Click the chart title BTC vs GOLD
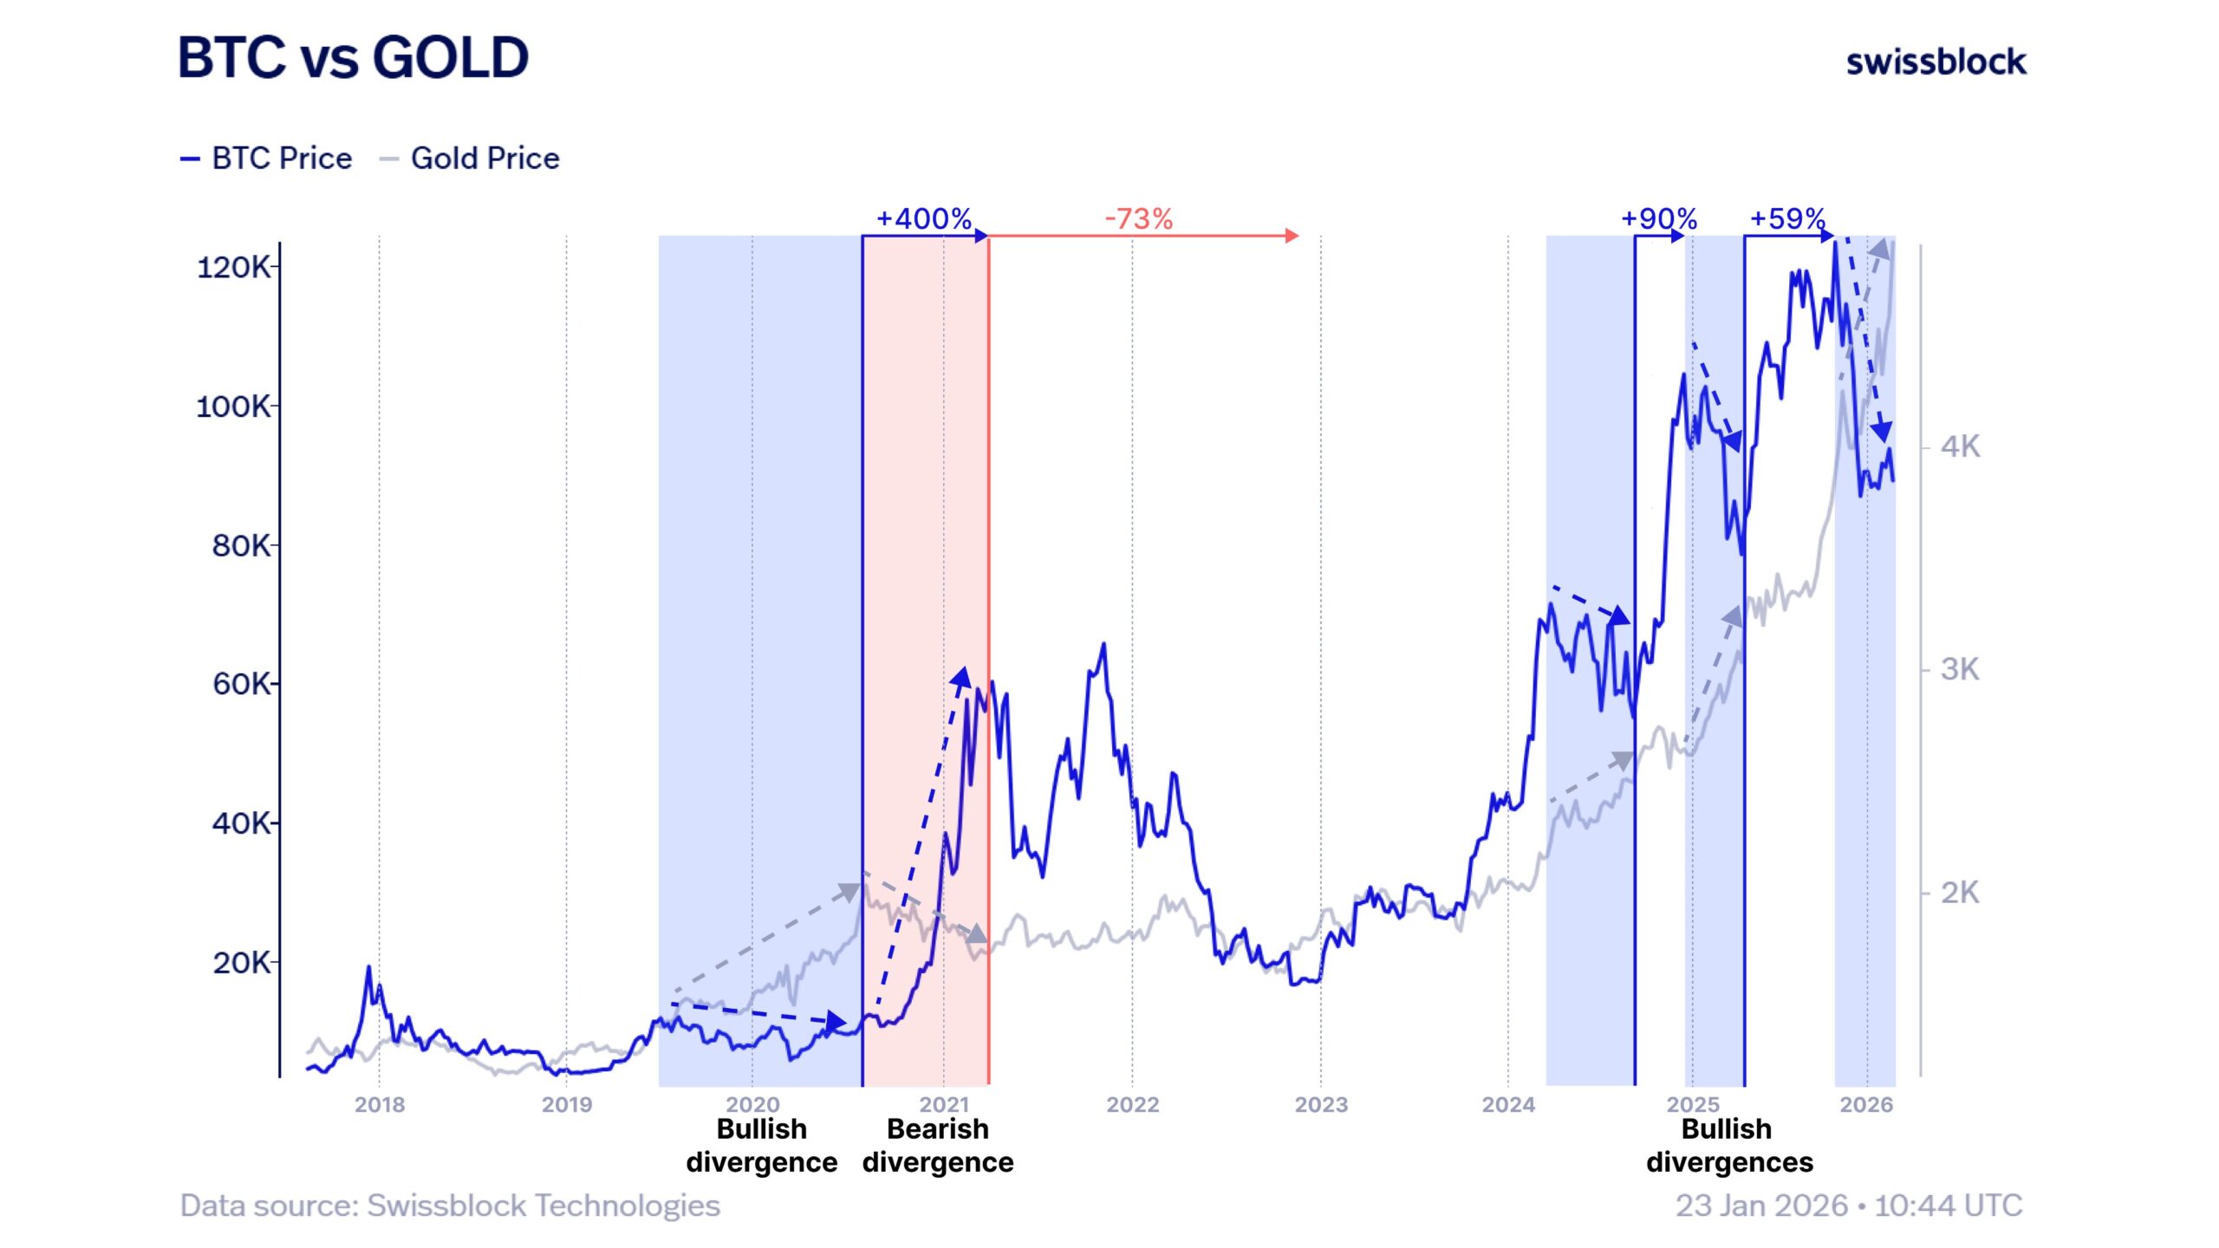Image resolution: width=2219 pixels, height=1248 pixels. (353, 58)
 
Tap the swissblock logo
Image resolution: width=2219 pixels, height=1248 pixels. (1936, 62)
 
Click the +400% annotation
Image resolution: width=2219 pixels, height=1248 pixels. (923, 218)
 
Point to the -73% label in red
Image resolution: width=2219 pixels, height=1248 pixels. (1138, 218)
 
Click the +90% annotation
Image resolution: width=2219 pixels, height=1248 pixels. (1658, 218)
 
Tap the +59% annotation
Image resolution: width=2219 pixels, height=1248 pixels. (1787, 218)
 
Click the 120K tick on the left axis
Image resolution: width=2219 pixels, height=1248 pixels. (233, 267)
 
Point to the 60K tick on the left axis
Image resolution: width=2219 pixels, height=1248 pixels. (241, 684)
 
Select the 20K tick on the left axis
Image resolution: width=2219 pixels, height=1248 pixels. (241, 962)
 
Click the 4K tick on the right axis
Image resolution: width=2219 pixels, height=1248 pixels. (1960, 447)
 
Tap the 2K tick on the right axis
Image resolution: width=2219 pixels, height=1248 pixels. (1960, 892)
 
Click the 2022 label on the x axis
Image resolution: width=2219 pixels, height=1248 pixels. (1132, 1104)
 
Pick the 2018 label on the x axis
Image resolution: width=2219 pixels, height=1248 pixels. (380, 1104)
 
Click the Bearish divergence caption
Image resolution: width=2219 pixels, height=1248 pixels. (938, 1145)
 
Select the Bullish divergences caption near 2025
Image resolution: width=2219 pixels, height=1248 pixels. (1728, 1145)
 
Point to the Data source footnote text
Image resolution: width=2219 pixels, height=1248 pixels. (450, 1206)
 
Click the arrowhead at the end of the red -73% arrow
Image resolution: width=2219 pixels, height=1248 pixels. (1292, 236)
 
